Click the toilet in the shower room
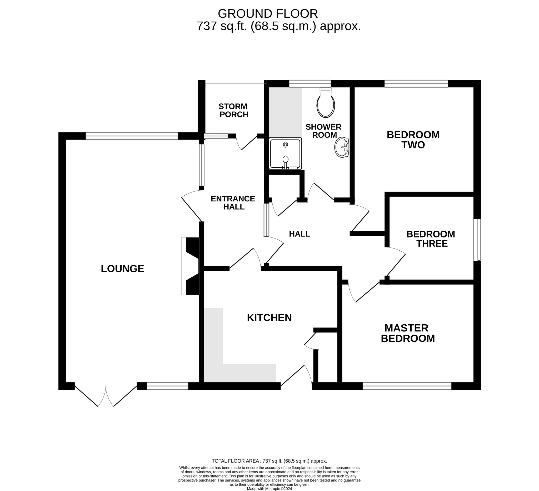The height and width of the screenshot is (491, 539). click(325, 104)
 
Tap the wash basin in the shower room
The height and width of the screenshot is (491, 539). click(342, 147)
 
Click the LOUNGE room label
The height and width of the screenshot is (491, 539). click(122, 269)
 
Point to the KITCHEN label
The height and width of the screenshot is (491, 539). click(269, 318)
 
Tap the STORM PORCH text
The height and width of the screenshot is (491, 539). click(233, 111)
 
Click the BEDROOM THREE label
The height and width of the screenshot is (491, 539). click(431, 239)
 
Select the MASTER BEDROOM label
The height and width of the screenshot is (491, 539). click(407, 333)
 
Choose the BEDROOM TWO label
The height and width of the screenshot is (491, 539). click(413, 140)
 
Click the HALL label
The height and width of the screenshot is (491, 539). click(300, 234)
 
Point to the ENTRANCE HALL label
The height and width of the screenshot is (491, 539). click(233, 203)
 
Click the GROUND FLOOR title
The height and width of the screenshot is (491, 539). click(268, 14)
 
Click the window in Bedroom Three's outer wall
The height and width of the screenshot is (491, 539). click(477, 240)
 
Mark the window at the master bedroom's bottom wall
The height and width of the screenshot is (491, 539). click(407, 386)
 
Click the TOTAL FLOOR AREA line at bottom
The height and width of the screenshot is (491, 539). click(269, 461)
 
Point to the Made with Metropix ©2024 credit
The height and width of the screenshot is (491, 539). click(269, 489)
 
